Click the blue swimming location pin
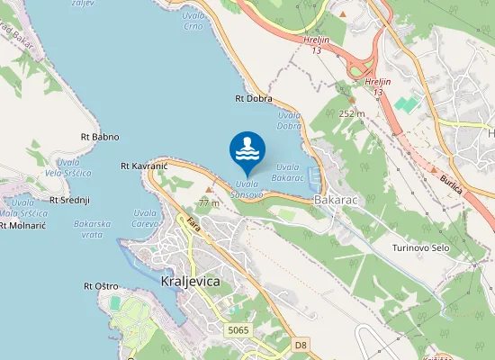click(x=247, y=150)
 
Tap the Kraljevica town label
click(x=189, y=281)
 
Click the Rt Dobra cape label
click(x=253, y=98)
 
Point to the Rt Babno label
click(x=100, y=137)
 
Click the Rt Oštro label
click(x=101, y=286)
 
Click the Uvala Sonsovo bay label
click(x=247, y=190)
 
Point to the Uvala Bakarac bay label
click(x=287, y=172)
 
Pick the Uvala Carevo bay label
click(x=145, y=218)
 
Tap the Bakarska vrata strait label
click(x=94, y=229)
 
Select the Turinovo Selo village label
click(x=420, y=247)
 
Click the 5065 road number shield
click(x=238, y=330)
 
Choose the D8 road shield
click(x=301, y=344)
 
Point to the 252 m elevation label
click(x=352, y=113)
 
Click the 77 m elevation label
click(x=209, y=202)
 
